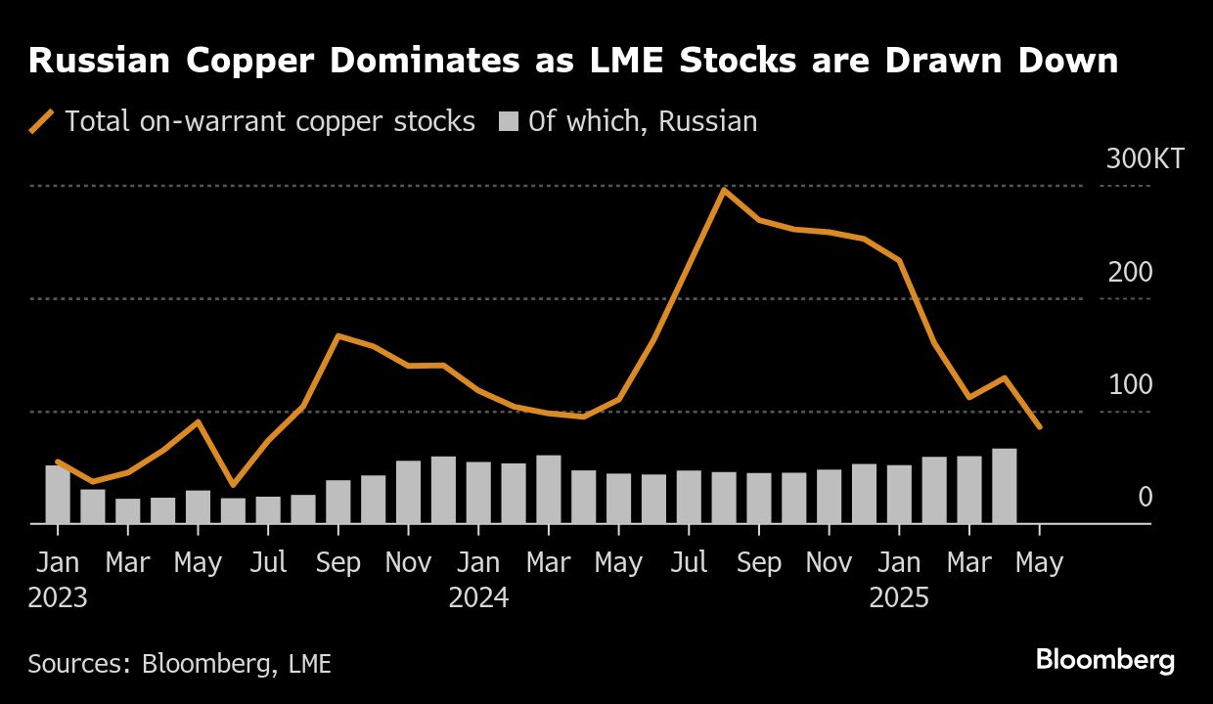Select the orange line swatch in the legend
[41, 121]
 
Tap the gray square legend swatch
[508, 121]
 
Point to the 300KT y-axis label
[1145, 158]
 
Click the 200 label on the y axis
[1130, 272]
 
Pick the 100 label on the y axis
[1130, 384]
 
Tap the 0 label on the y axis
[1145, 498]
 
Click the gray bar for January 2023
[58, 495]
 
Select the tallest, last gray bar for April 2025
[1004, 487]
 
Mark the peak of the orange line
[723, 190]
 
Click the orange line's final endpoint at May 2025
[1039, 427]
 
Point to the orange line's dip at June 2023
[233, 484]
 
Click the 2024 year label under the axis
[478, 597]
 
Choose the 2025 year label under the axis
[899, 597]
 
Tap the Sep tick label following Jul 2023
[338, 563]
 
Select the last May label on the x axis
[1039, 563]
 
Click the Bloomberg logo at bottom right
[1104, 660]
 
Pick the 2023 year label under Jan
[58, 597]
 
